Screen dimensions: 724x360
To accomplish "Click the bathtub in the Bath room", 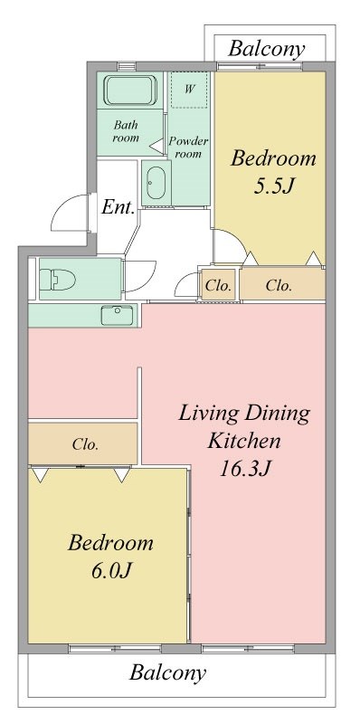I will click(132, 91).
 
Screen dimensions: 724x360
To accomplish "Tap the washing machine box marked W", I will click(190, 90).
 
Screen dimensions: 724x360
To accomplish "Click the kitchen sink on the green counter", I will click(117, 316).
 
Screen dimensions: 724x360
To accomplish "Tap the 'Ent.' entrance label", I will click(118, 207).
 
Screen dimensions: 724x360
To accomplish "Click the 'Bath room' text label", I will click(126, 131).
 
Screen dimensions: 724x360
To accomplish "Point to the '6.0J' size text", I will click(110, 572).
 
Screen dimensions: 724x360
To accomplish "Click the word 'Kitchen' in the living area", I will click(245, 442).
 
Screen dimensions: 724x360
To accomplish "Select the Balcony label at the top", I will click(265, 49).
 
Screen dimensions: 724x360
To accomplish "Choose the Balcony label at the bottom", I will click(167, 673).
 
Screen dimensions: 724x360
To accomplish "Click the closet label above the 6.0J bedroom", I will click(85, 445).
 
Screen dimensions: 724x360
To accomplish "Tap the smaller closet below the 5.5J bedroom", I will click(218, 286).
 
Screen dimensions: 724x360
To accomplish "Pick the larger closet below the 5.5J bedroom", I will click(279, 286).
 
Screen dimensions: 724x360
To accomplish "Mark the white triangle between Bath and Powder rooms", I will click(156, 143).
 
